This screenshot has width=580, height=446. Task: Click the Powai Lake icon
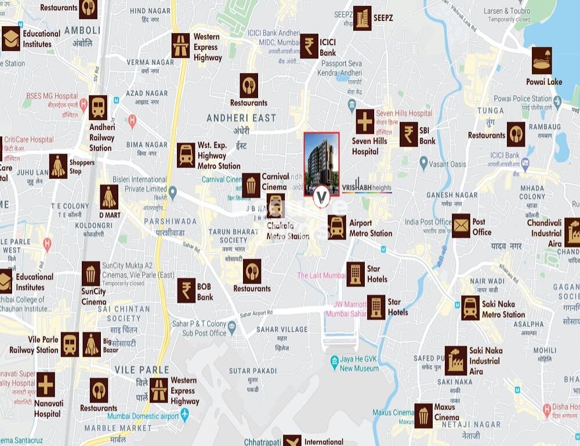click(x=542, y=61)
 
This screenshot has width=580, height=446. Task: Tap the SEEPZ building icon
click(x=362, y=18)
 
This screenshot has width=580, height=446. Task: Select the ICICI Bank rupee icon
click(x=309, y=46)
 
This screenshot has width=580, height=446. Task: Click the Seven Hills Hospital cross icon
click(x=365, y=121)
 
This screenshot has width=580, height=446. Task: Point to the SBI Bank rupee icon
click(x=409, y=134)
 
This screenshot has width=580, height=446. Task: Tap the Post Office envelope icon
click(x=461, y=226)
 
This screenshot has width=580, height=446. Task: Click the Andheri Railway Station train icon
click(x=98, y=107)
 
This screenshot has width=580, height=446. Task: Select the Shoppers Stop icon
click(x=58, y=166)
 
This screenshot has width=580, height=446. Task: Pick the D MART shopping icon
click(x=109, y=197)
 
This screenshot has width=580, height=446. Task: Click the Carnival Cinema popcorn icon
click(x=251, y=185)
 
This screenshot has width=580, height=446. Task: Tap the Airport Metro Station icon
click(x=337, y=227)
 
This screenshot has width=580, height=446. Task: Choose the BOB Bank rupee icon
click(x=187, y=290)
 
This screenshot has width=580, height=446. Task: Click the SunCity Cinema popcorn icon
click(x=90, y=274)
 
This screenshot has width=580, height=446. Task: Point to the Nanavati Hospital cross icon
click(x=46, y=385)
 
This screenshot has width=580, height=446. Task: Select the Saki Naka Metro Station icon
click(x=470, y=308)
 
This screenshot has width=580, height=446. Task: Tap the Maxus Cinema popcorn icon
click(x=423, y=416)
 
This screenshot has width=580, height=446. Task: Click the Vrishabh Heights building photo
click(x=321, y=163)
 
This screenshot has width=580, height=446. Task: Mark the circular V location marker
click(x=321, y=197)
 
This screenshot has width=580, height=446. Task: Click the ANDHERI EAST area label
click(x=241, y=118)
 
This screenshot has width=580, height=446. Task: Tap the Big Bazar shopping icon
click(x=92, y=344)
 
